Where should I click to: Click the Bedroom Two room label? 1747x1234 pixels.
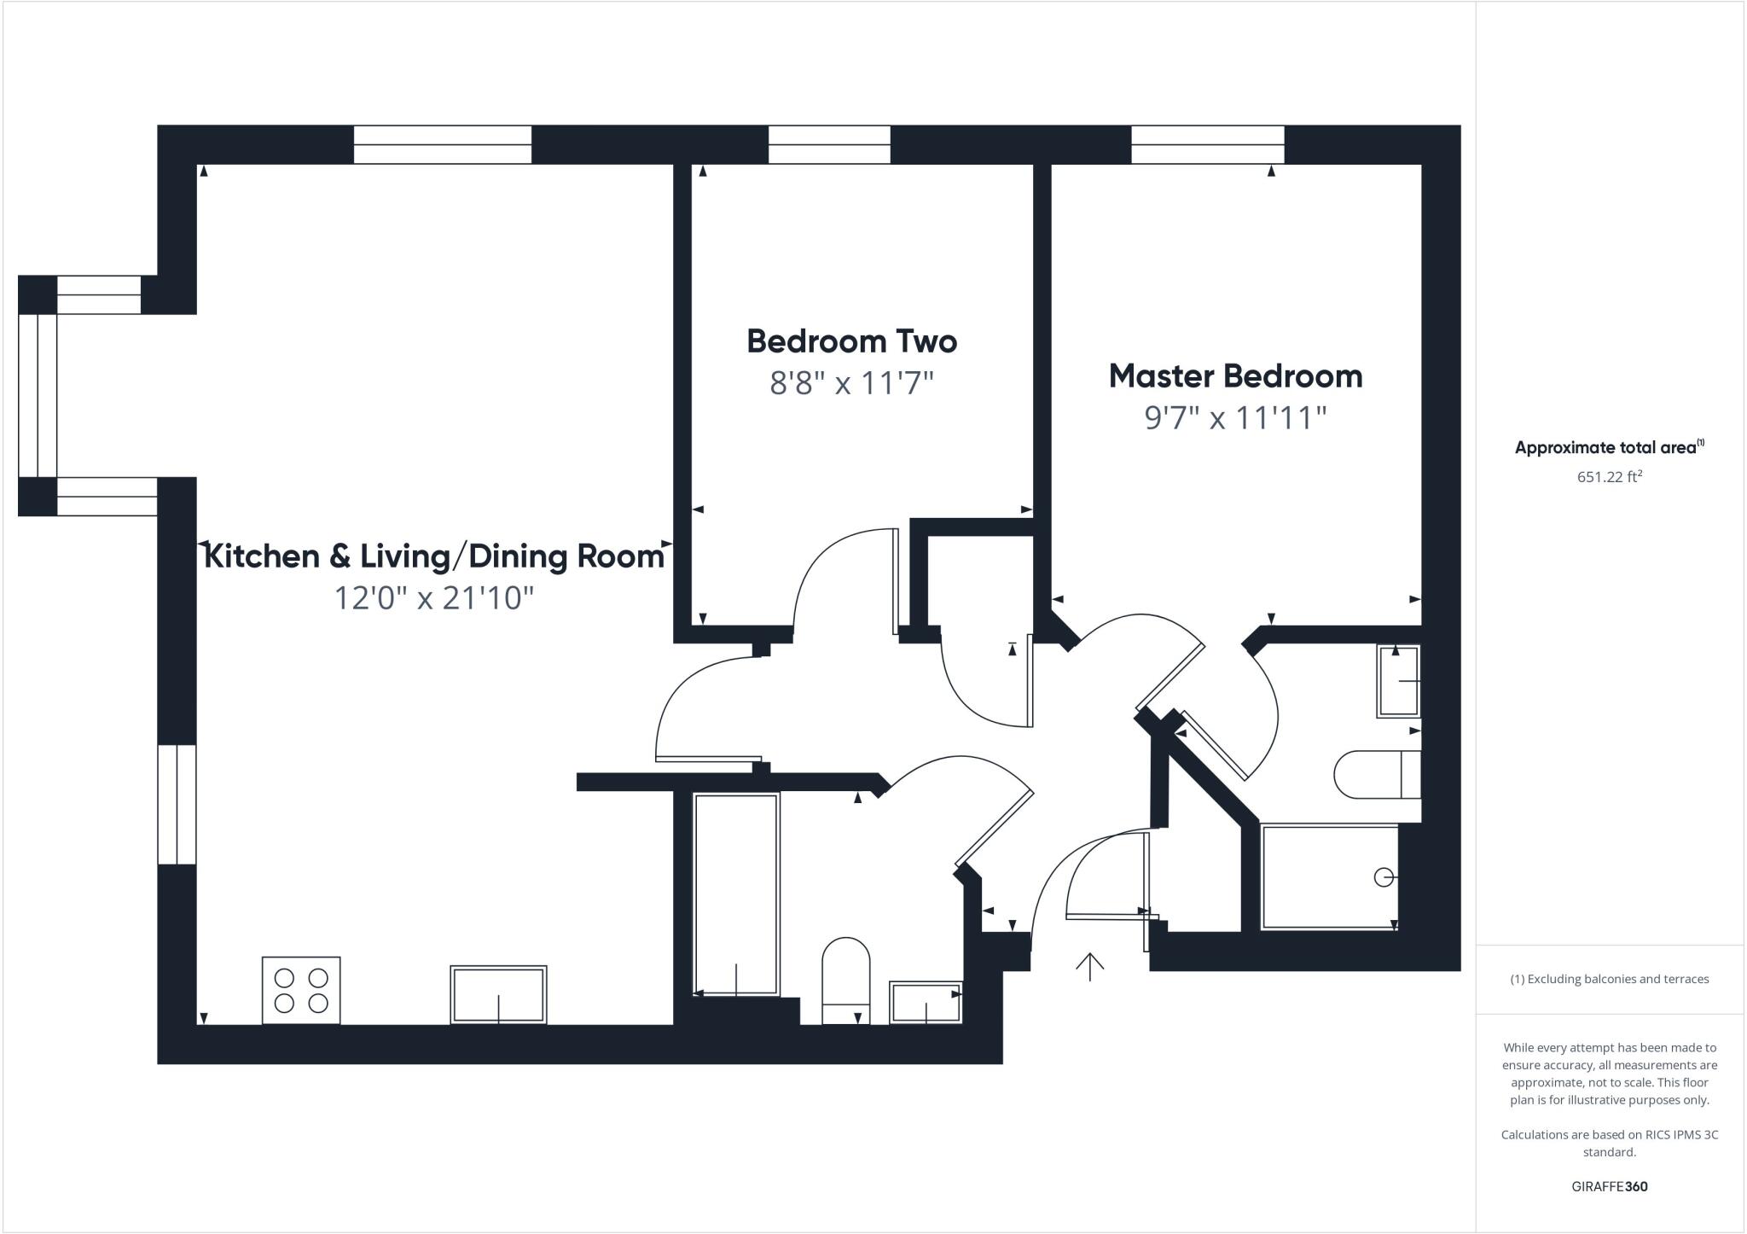(851, 341)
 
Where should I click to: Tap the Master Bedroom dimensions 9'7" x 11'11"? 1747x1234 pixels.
(1235, 418)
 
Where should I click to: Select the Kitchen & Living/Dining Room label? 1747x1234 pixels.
(434, 556)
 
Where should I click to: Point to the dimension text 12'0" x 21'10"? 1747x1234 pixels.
(433, 598)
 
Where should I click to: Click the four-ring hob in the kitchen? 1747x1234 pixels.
(301, 990)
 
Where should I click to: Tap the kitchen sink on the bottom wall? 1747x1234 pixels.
(498, 994)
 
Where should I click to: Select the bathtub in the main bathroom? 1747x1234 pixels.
(736, 893)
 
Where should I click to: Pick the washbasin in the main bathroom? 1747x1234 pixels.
(925, 1002)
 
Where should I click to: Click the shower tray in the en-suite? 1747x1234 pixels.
(1329, 876)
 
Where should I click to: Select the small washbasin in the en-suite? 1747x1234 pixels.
(1398, 681)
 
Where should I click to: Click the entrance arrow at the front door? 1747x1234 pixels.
(1089, 966)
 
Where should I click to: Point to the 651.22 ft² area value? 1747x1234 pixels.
(1609, 477)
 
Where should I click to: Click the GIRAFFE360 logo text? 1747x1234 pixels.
(1609, 1186)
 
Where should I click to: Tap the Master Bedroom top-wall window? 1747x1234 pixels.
(1207, 144)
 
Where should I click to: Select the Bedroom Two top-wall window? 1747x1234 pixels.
(829, 144)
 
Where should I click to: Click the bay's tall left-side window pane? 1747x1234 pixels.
(37, 395)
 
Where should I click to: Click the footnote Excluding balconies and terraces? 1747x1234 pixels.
(1609, 979)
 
